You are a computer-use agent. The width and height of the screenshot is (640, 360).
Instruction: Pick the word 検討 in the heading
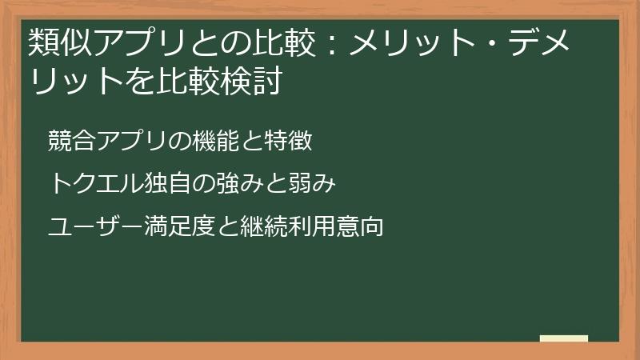(253, 82)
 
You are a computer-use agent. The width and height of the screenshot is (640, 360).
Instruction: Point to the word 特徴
(288, 141)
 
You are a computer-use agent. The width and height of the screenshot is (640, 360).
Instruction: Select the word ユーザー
(96, 227)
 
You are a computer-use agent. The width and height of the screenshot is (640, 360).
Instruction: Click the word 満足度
(179, 227)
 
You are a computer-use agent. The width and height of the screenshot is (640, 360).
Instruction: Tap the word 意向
(360, 227)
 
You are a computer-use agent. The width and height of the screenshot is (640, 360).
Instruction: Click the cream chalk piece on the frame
(564, 338)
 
